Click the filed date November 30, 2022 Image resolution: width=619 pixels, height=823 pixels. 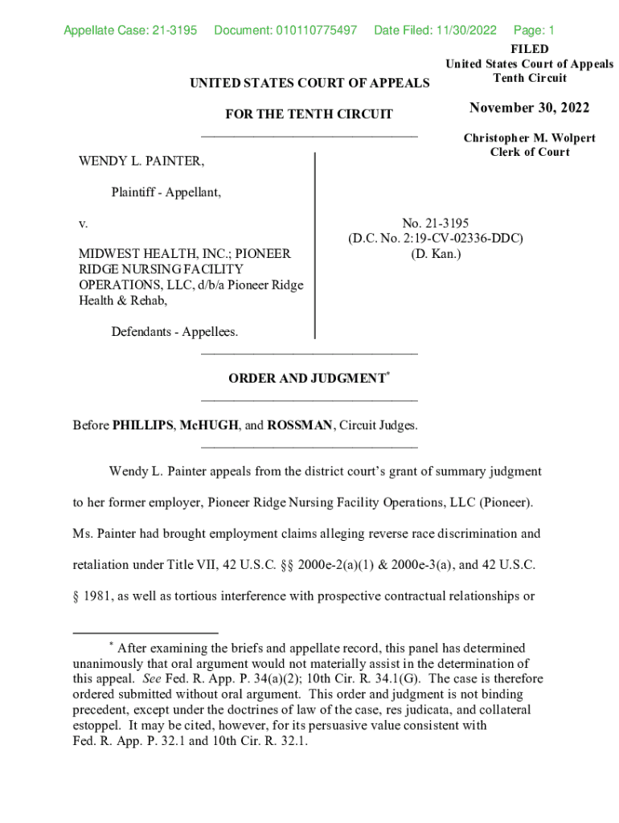pyautogui.click(x=529, y=109)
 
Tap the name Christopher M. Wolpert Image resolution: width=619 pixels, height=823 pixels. pyautogui.click(x=529, y=138)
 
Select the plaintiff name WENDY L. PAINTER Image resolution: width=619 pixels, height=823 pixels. pyautogui.click(x=141, y=163)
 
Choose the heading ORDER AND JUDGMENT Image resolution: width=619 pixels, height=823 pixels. pyautogui.click(x=306, y=379)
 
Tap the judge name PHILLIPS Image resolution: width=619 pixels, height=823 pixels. pyautogui.click(x=141, y=425)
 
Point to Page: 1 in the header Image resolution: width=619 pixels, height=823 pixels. pyautogui.click(x=534, y=31)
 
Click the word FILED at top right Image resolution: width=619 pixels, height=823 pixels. pyautogui.click(x=529, y=50)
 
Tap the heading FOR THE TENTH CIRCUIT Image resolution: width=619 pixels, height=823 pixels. pyautogui.click(x=309, y=114)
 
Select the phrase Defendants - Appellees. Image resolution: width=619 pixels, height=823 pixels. pyautogui.click(x=174, y=332)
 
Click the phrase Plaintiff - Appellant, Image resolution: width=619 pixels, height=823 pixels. pyautogui.click(x=166, y=193)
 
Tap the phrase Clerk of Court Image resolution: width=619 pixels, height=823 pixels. pyautogui.click(x=529, y=153)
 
